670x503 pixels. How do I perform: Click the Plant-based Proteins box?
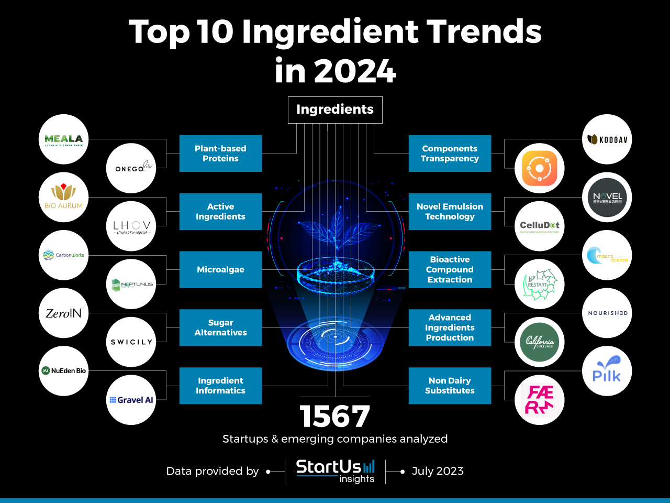tap(220, 154)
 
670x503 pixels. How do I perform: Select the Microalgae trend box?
tap(220, 269)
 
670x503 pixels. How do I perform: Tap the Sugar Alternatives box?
tap(220, 327)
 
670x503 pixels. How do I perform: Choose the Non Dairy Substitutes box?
tap(450, 386)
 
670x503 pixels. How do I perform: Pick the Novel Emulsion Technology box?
tap(450, 212)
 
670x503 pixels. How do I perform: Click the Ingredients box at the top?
tap(335, 110)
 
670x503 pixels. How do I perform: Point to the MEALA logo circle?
tap(63, 139)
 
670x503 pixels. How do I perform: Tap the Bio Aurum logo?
tap(63, 197)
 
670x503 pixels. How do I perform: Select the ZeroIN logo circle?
tap(63, 313)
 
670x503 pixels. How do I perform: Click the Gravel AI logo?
tap(131, 400)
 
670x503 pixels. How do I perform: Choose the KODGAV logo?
tap(607, 139)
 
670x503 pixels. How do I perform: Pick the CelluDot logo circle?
tap(539, 226)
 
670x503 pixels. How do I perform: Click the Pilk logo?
tap(607, 371)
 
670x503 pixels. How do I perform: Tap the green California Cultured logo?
tap(539, 342)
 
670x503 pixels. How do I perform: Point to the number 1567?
tap(335, 417)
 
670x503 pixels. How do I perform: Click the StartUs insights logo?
tap(336, 471)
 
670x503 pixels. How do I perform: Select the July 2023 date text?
tap(438, 471)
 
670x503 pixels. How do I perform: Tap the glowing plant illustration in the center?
tap(336, 231)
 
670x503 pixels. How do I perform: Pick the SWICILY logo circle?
tap(131, 342)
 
